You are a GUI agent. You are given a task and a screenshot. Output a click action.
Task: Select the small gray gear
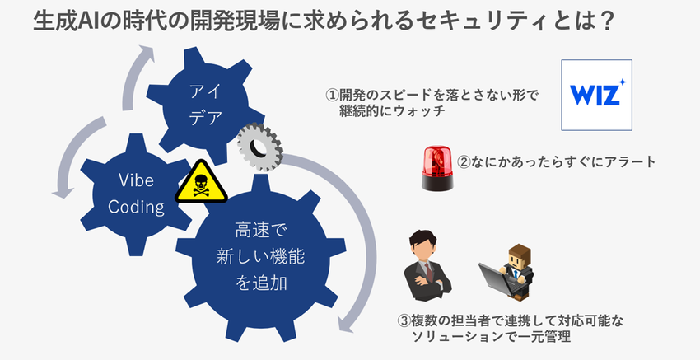click(259, 148)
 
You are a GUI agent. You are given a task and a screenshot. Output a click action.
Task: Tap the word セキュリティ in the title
click(489, 21)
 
